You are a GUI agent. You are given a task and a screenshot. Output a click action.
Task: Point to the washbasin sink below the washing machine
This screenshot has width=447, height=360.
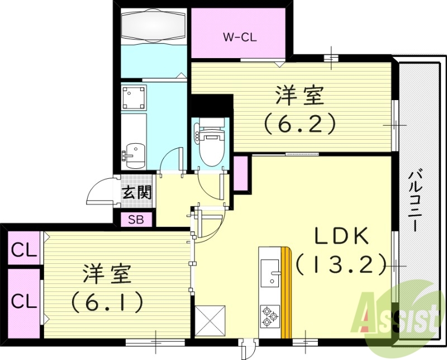coord(134,153)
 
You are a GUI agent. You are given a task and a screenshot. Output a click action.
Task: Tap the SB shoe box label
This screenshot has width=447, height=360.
coord(136,220)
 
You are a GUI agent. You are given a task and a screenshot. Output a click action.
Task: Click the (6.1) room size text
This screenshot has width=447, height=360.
coord(106,302)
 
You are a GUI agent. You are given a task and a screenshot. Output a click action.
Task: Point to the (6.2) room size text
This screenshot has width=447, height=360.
coord(300,122)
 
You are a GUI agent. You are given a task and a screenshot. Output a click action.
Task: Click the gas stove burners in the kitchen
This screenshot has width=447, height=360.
coord(270,317)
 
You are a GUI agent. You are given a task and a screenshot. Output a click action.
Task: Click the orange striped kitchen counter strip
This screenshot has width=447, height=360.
coord(287,293)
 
